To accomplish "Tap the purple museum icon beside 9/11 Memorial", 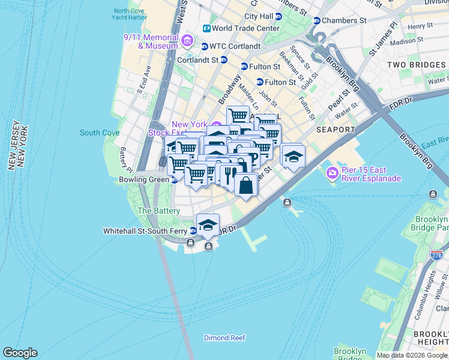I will pos(187,41).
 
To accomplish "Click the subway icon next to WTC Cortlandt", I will pos(204,46).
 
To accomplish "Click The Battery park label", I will pos(158,211).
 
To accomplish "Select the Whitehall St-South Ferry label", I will pos(146,230).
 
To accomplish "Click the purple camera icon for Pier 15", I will pos(331,173).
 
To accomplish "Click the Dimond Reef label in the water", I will pos(224,338).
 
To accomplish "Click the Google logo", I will pos(20,353).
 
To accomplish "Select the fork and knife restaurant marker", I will pos(228,174).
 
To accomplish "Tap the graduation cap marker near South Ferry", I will pos(208,225).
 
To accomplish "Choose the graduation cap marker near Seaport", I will pos(292,157).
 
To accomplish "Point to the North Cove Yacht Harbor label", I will pos(129,14).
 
